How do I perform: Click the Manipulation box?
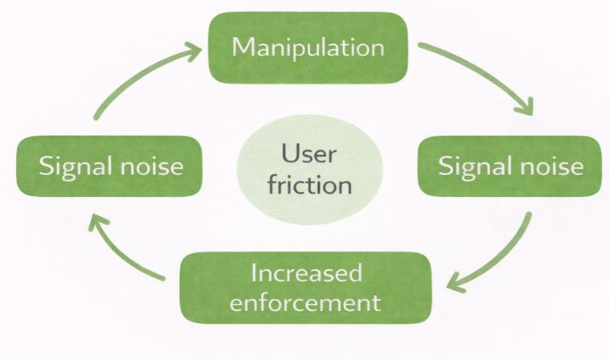coord(308,47)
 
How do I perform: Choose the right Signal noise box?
coord(510,166)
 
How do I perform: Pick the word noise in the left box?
coord(151,167)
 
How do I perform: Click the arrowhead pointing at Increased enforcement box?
coord(456,283)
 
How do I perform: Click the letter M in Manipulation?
coord(243,47)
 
